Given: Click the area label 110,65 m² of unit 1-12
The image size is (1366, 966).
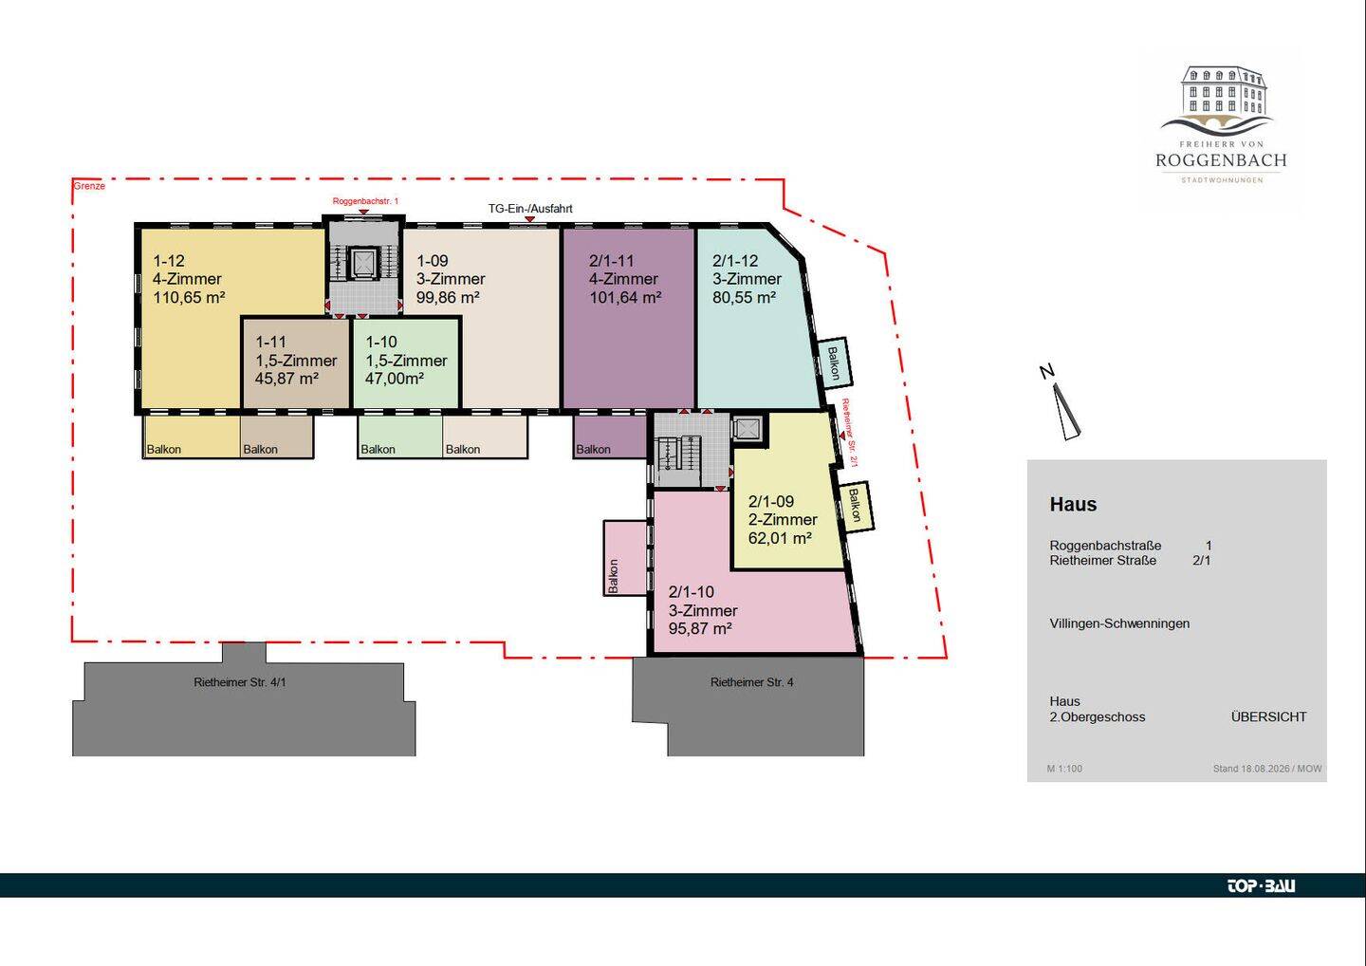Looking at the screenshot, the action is tap(189, 298).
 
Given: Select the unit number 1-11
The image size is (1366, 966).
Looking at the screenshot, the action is tap(270, 342).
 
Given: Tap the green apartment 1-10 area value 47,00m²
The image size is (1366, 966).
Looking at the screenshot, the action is tap(395, 378).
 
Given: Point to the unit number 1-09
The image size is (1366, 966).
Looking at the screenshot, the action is tap(433, 260).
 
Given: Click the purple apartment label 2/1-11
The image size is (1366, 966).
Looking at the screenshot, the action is tap(612, 260).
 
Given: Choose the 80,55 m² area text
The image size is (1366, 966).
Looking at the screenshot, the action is tap(744, 298).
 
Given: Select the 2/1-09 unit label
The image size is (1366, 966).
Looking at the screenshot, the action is tap(771, 501).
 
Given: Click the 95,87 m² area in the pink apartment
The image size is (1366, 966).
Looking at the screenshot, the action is tap(700, 628).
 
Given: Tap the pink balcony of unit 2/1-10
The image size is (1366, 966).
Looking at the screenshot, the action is tap(625, 557).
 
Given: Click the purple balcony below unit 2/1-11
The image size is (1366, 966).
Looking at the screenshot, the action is tap(610, 437).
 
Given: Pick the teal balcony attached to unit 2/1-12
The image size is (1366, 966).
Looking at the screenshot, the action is tap(834, 362).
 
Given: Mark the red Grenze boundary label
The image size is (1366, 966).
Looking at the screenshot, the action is tap(89, 186).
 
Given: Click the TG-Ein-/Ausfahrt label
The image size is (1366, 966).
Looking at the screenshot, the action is tap(530, 209).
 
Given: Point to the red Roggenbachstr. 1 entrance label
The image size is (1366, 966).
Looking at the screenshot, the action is tap(365, 200).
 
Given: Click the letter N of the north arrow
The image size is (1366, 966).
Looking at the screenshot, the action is tap(1047, 371).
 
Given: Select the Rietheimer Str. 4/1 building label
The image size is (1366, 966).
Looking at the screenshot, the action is tap(240, 682).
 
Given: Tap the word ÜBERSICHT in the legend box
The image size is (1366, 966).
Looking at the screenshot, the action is tap(1268, 716).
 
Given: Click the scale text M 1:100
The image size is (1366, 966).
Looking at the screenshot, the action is tap(1064, 769).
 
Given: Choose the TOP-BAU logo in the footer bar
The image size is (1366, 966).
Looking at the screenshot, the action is tap(1261, 885).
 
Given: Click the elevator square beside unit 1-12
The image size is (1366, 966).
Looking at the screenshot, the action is tap(362, 264).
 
